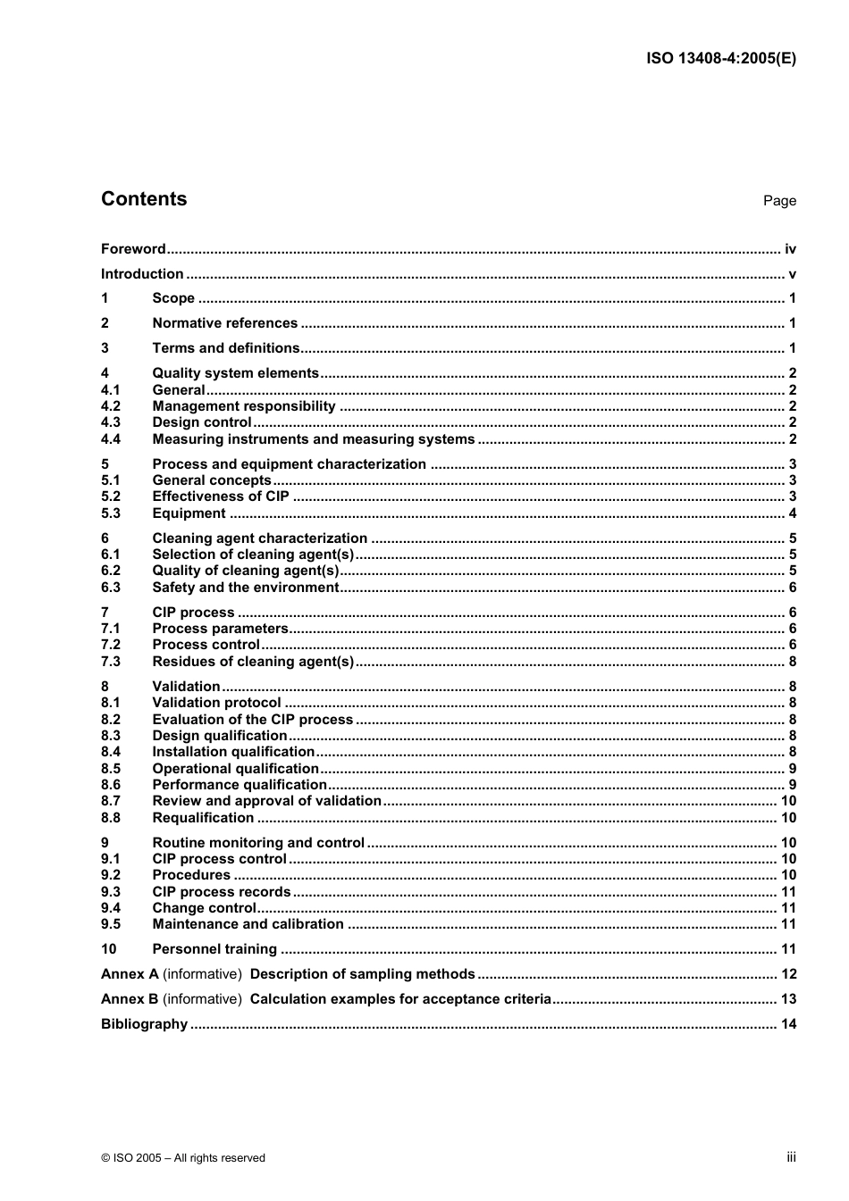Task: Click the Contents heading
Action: pos(144,199)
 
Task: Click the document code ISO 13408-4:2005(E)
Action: pos(720,59)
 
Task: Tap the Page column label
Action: pos(779,201)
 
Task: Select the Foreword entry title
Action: pos(133,249)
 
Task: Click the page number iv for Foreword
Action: pos(790,249)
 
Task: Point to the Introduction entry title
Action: pos(142,274)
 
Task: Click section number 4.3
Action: pos(111,422)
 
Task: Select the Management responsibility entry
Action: pos(244,406)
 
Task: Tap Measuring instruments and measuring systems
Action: pos(314,439)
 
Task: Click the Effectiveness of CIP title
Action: pos(221,496)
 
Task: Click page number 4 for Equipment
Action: pos(792,513)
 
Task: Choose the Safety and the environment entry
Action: pos(246,588)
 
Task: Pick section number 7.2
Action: pos(111,645)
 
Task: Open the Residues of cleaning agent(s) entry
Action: pos(253,662)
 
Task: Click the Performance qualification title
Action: pos(240,785)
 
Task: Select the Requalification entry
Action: pos(203,818)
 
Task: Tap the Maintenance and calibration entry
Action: pos(248,924)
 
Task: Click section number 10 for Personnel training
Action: pos(109,949)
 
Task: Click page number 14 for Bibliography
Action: pos(788,1024)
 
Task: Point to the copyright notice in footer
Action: pos(183,1158)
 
